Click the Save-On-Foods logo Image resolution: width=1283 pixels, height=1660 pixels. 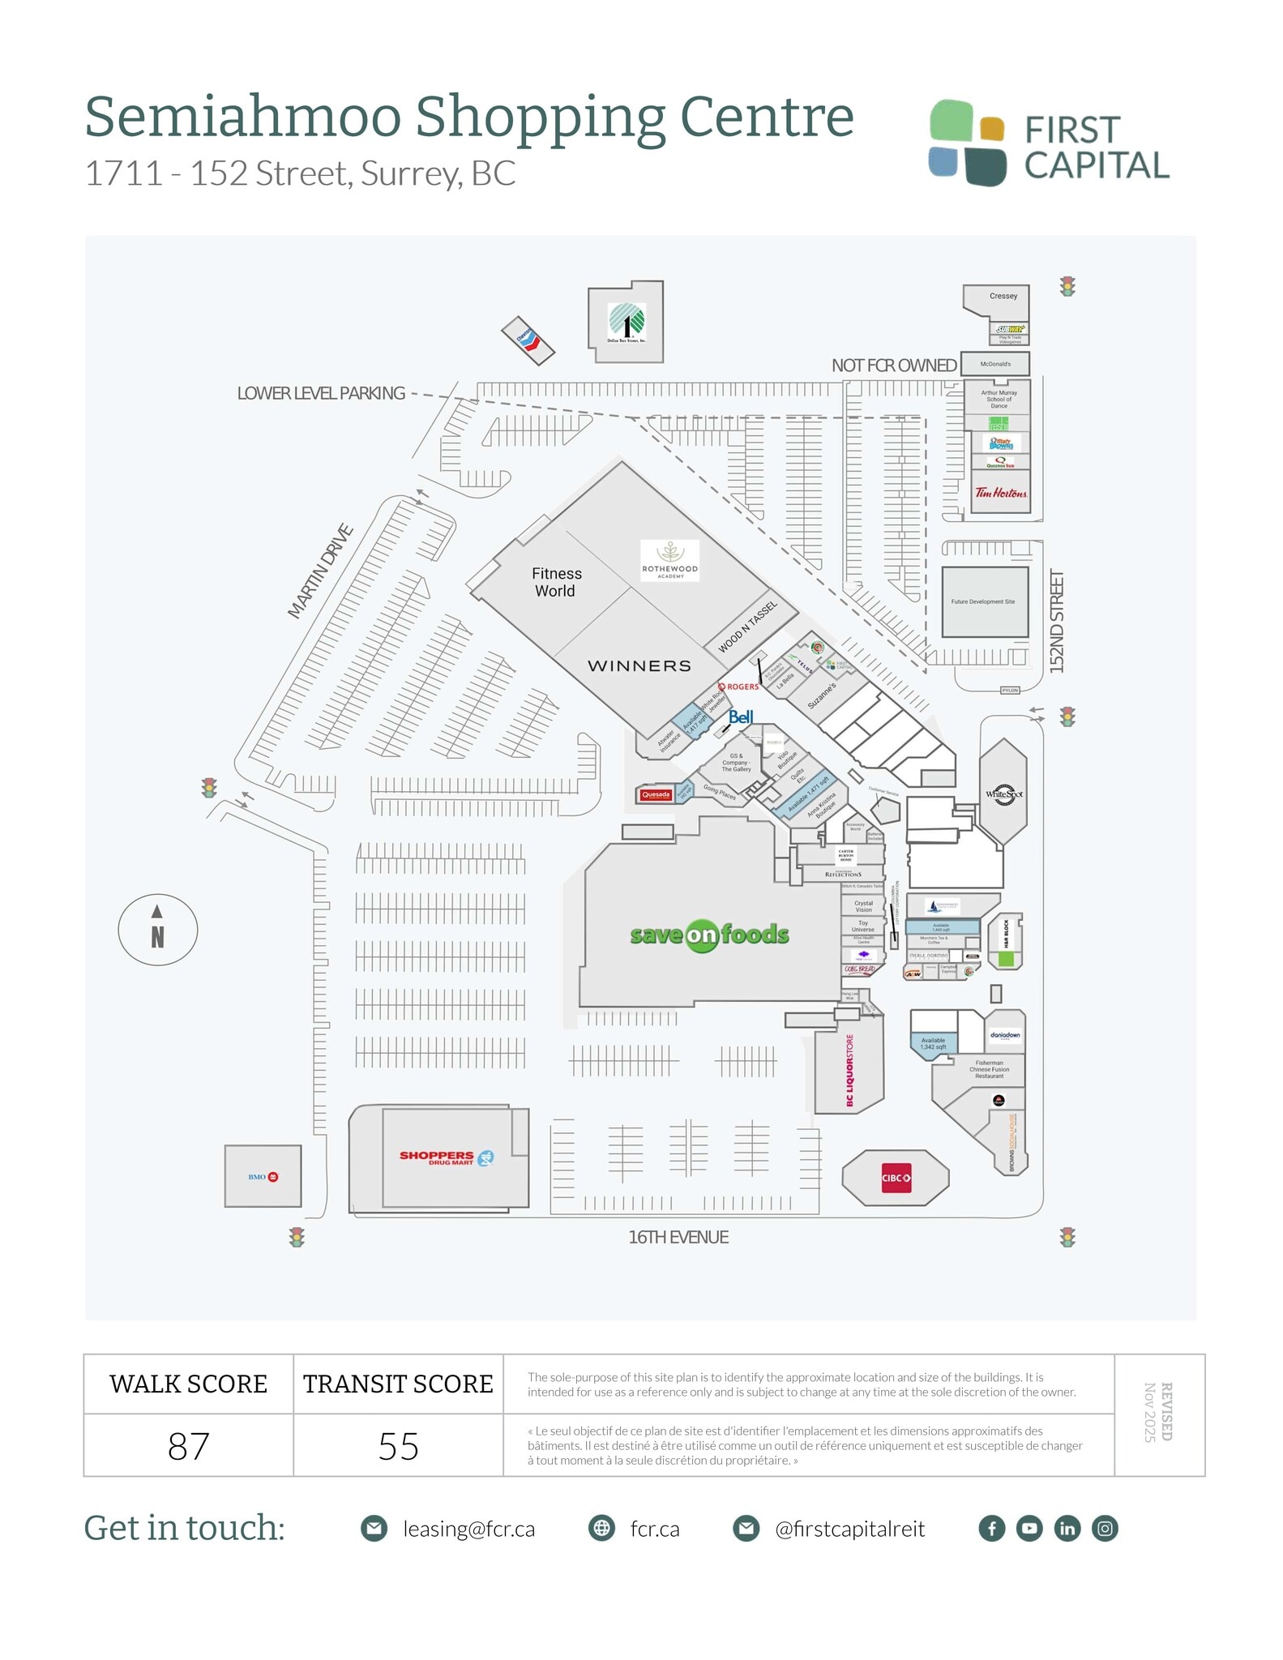(x=709, y=935)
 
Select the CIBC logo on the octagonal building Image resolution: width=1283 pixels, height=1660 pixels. (x=896, y=1178)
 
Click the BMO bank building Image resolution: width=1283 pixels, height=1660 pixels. (x=263, y=1176)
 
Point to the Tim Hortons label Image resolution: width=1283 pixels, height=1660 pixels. (x=1000, y=493)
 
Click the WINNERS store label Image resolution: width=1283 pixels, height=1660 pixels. (x=639, y=666)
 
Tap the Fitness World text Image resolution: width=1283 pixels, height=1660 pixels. (x=556, y=582)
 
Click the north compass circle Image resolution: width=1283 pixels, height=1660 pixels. (x=158, y=930)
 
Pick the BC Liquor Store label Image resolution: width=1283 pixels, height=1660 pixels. (x=849, y=1070)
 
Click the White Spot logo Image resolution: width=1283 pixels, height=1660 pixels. (x=1003, y=794)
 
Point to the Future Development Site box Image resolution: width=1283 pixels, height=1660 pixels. (x=984, y=601)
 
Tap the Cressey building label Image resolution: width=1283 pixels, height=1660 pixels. (x=1003, y=296)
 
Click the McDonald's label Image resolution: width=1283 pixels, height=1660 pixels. (x=995, y=364)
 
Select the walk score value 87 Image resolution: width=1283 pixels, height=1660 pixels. (x=188, y=1446)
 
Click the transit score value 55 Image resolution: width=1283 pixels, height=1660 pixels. (x=398, y=1446)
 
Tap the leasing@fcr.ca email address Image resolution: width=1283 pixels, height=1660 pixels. (x=468, y=1529)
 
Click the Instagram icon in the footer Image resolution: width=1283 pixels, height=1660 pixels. (x=1105, y=1529)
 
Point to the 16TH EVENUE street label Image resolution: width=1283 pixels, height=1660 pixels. (x=678, y=1237)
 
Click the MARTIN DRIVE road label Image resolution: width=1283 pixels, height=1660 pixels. (x=321, y=571)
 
